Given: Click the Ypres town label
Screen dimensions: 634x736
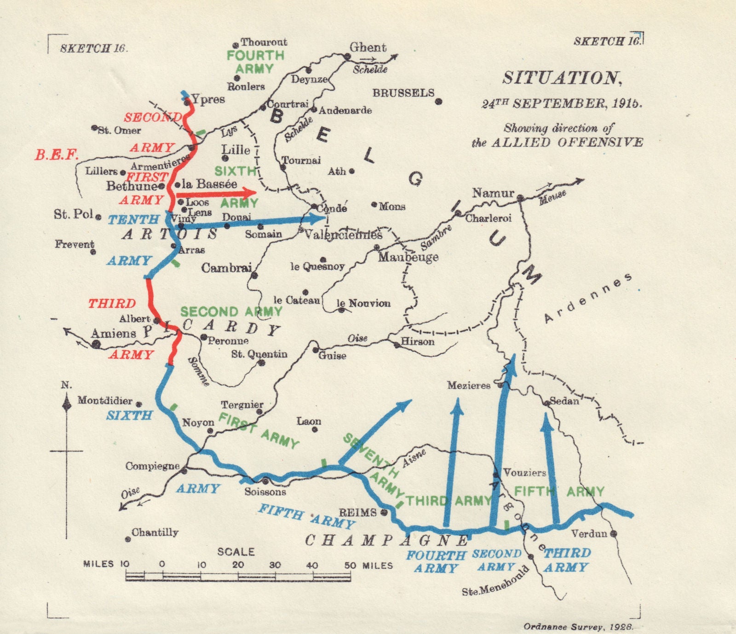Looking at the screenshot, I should pos(208,99).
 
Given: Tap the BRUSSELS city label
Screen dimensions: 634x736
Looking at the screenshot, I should pos(403,93).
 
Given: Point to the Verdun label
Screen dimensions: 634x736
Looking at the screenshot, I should pos(589,534).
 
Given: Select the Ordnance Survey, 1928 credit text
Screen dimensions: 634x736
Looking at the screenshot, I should pos(578,626).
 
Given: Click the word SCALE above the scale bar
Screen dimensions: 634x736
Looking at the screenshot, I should pos(236,551).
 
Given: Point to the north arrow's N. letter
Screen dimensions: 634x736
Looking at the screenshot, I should pos(66,385).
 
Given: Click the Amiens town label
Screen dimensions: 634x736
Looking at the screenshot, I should pos(114,334).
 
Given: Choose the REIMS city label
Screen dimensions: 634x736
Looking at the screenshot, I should pos(357,512).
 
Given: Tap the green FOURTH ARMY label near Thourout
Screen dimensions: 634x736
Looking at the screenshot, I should pos(255,62).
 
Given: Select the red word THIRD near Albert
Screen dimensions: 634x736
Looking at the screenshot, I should pos(112,304).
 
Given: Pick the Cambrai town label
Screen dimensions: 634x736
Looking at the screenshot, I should pos(226,267).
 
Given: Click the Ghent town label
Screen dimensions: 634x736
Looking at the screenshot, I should pos(368,47).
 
